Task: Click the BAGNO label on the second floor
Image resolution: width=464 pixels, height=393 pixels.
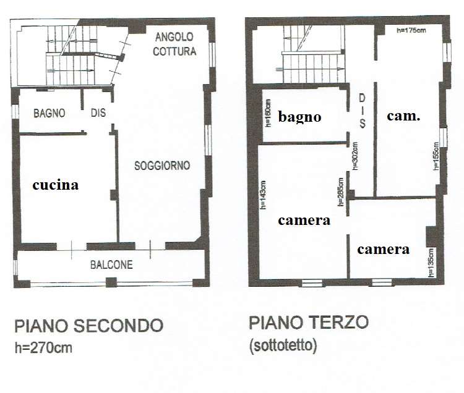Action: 49,113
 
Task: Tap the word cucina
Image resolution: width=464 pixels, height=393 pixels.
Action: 56,185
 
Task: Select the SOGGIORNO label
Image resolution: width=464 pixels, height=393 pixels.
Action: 162,166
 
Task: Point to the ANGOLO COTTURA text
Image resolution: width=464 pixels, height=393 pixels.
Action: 174,44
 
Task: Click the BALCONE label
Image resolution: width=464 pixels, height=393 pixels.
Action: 111,264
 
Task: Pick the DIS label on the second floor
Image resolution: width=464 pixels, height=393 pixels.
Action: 98,112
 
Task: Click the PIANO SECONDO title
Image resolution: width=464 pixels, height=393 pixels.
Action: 88,326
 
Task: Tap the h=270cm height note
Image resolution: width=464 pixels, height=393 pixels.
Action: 43,348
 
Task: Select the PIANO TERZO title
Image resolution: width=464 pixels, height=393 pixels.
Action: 309,323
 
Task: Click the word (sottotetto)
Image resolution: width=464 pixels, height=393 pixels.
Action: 283,345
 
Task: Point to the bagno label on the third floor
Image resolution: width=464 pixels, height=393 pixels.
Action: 300,117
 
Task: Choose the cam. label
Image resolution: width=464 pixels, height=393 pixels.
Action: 403,116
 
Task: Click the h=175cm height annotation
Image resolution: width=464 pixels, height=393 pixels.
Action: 411,30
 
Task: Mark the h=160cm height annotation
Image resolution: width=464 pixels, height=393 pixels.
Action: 268,113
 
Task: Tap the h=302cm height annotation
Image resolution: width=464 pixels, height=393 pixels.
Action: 355,156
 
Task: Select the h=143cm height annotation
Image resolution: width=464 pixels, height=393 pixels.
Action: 263,195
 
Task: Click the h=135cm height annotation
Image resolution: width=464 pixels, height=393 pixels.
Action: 431,263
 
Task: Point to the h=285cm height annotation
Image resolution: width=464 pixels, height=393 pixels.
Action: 341,192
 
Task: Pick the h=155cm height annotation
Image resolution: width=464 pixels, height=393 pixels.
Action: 436,156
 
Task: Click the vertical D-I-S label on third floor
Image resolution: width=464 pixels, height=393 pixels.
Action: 362,111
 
